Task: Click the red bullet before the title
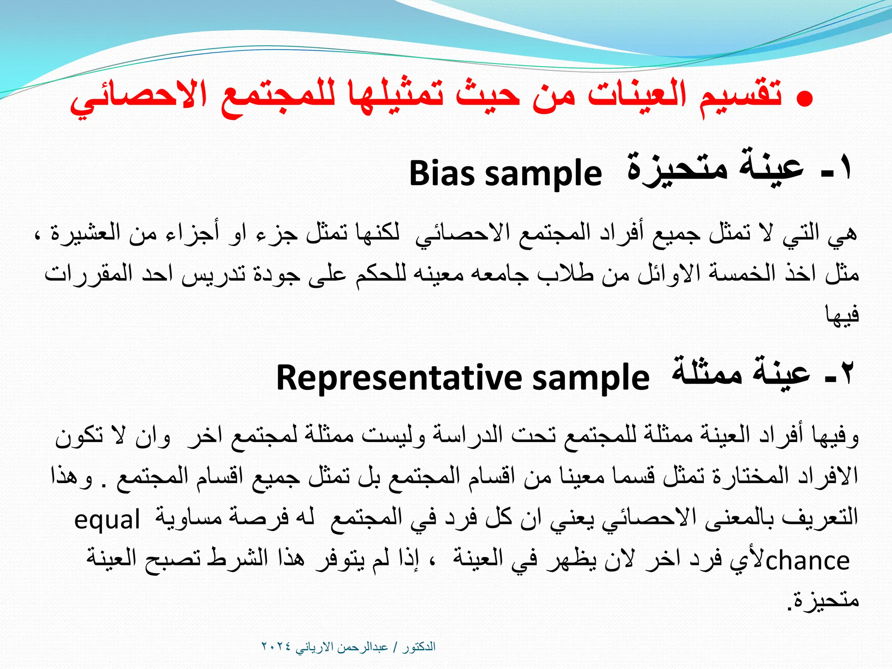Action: pos(804,99)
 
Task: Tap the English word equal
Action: pos(107,520)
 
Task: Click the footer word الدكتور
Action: pos(419,646)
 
